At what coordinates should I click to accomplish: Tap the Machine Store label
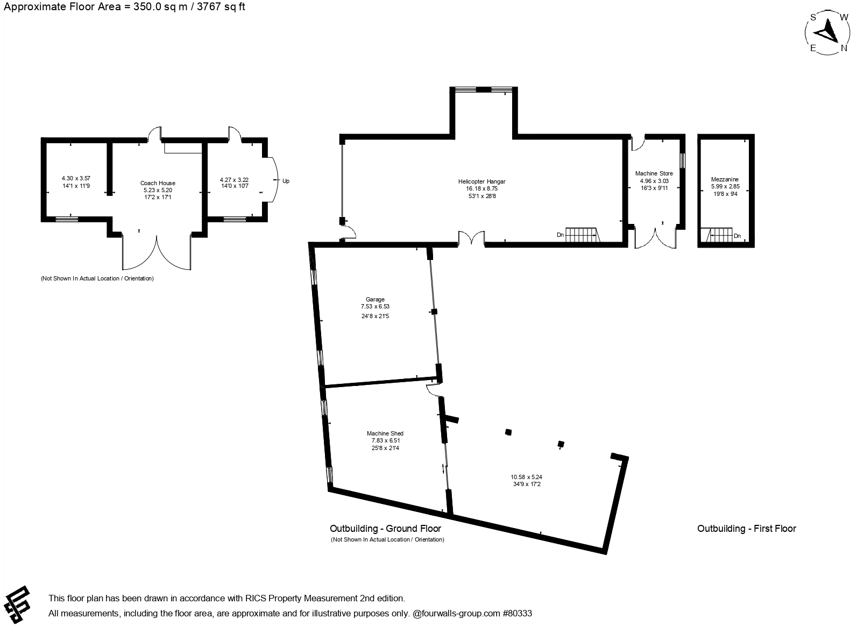[x=654, y=173]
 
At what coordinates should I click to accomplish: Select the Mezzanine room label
[x=725, y=179]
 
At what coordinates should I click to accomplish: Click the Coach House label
[x=158, y=183]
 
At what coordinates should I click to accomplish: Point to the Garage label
[x=375, y=299]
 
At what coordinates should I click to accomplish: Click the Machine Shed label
[x=385, y=433]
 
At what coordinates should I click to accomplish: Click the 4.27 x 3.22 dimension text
[x=234, y=180]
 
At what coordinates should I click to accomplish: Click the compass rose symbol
[x=828, y=32]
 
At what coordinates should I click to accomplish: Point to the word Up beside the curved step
[x=286, y=181]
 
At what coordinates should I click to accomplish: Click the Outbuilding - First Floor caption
[x=746, y=528]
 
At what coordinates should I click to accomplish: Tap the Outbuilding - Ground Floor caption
[x=385, y=528]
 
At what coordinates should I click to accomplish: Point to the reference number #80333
[x=517, y=613]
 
